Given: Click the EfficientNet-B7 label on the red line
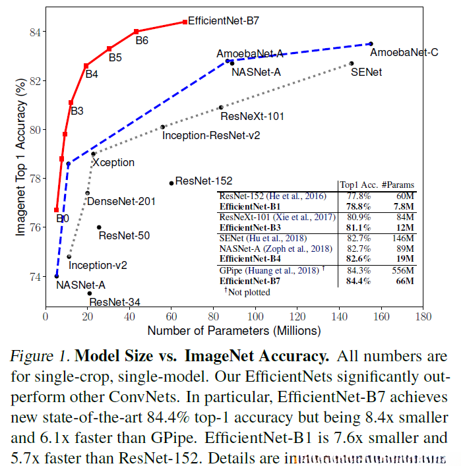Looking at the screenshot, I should coord(223,20).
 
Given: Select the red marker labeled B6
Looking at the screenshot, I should coord(136,31).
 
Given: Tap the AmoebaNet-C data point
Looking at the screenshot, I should coord(371,44).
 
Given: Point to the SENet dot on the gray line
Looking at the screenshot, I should coord(352,63).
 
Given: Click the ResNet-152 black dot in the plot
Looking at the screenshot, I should coord(171,183).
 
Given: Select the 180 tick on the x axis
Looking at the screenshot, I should coord(422,316).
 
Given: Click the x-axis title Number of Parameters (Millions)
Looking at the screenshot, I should coord(234,330).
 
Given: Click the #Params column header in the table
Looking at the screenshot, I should coord(398,185).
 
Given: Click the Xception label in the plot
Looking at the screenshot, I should coord(113,162).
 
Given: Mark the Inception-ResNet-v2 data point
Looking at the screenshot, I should coord(162,127).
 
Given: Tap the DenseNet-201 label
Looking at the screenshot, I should coord(121,201).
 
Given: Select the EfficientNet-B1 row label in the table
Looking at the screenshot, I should coord(247,206).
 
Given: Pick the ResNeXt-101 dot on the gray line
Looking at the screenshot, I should coord(221,107).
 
